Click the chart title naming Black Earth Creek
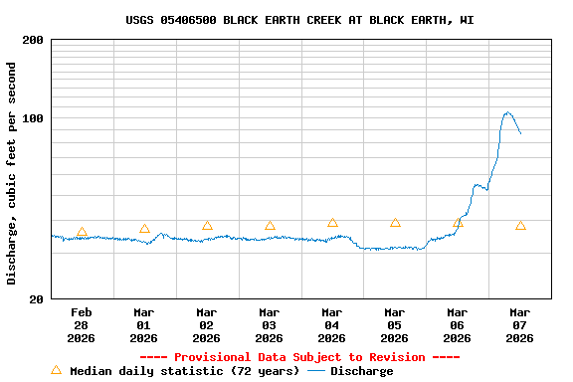(x=299, y=20)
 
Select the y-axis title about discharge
(x=12, y=173)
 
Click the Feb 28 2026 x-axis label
(x=82, y=325)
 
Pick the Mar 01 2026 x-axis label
(x=144, y=325)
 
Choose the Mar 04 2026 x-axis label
(x=332, y=325)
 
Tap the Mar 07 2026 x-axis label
(x=520, y=325)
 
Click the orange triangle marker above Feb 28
(x=82, y=232)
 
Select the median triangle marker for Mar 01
(x=144, y=229)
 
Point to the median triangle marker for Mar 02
(x=207, y=226)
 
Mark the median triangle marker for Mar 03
(x=270, y=226)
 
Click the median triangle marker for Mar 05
(x=395, y=223)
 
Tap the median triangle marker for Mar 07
(x=520, y=226)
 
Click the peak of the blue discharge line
(x=507, y=112)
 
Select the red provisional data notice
(x=299, y=357)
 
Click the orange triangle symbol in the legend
(x=56, y=370)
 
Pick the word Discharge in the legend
(x=361, y=371)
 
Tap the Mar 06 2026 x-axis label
(x=458, y=325)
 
